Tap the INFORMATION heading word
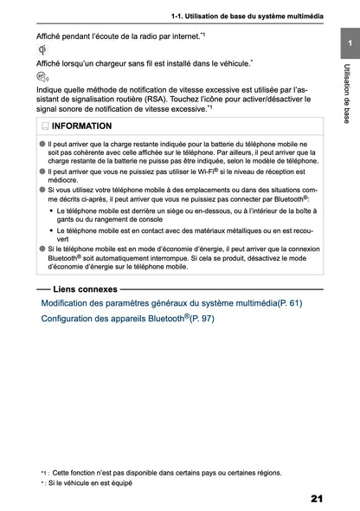pos(80,126)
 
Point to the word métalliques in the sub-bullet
pos(226,230)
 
